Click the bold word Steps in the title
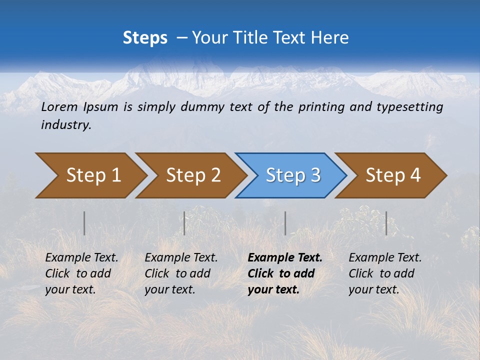point(145,37)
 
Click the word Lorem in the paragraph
point(59,106)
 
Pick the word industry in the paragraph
point(66,125)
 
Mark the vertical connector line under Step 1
point(84,223)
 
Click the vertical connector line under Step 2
point(184,223)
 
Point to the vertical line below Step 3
point(285,223)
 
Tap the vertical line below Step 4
point(386,223)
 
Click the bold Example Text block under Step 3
point(285,273)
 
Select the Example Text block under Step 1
point(81,273)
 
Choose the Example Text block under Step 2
point(181,273)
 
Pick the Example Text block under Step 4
point(385,273)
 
